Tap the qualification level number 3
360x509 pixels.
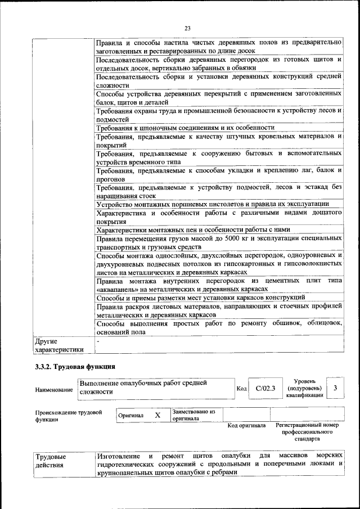335,388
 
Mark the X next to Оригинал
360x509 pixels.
157,415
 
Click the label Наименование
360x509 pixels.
53,389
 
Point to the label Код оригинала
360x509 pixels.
246,426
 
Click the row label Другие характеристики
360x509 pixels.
58,345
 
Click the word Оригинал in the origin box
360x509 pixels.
130,416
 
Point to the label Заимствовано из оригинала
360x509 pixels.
193,415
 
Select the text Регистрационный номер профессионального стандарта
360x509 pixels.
307,432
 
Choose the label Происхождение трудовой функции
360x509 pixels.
69,416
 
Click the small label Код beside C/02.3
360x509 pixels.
241,389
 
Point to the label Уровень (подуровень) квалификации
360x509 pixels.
304,388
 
